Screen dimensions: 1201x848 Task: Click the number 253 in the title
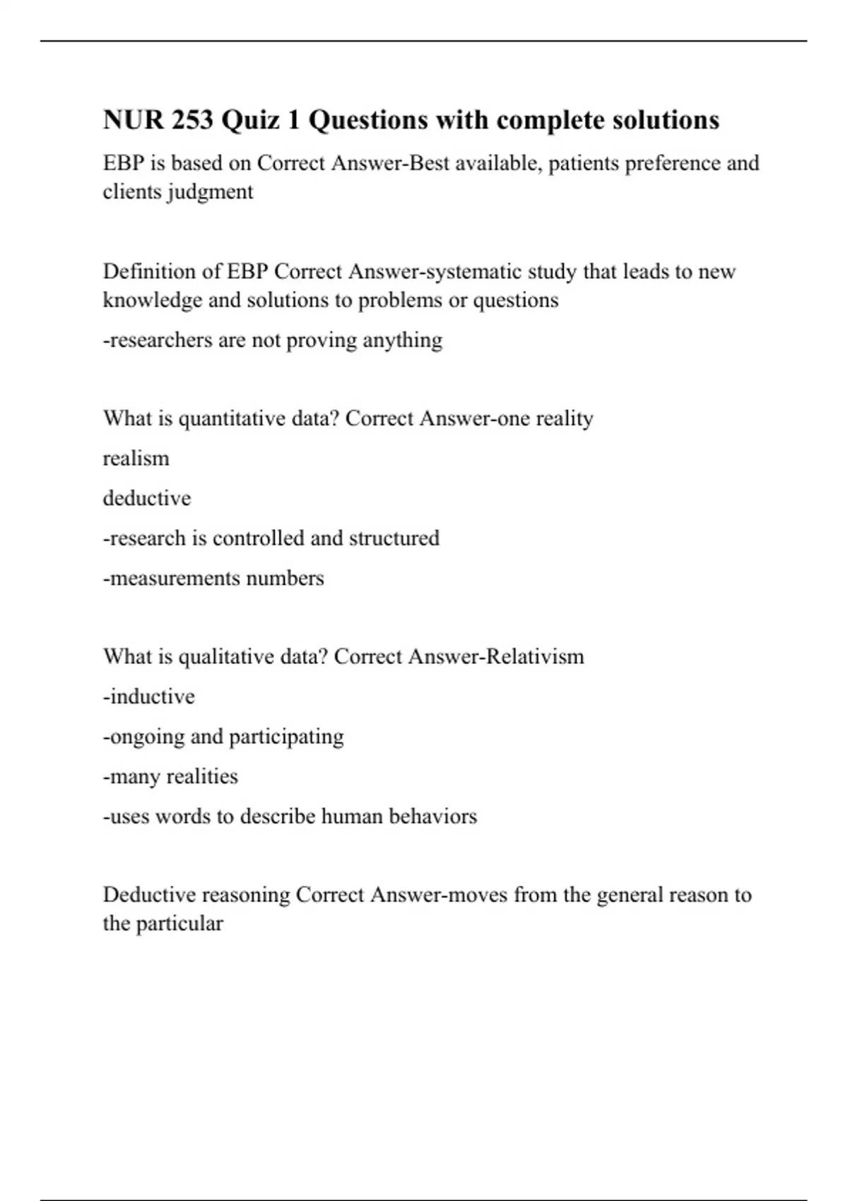[189, 120]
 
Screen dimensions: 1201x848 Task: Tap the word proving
[321, 341]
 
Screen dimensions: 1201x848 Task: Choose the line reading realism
[136, 458]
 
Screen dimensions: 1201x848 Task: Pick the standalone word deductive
[147, 499]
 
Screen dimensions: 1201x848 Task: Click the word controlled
[259, 538]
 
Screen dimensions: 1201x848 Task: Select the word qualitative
[226, 657]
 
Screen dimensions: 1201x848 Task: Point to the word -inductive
[149, 697]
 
